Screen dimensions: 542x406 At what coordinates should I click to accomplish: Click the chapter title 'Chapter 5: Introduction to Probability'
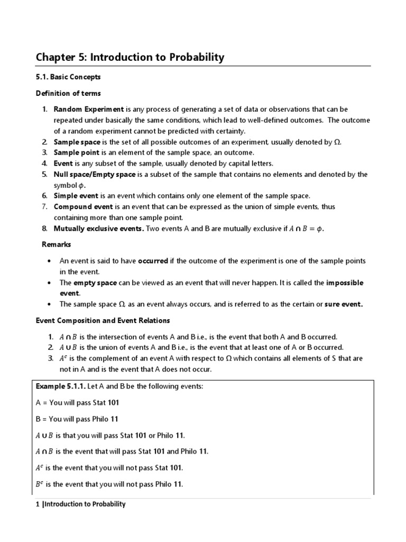point(130,57)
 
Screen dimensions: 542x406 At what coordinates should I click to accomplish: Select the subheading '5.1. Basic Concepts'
point(68,77)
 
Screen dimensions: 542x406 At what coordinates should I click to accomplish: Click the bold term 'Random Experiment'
point(88,110)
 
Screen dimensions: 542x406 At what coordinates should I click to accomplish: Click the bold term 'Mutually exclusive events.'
point(99,228)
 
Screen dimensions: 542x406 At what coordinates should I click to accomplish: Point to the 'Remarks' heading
point(57,245)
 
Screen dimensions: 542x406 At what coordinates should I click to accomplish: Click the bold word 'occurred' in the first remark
point(153,261)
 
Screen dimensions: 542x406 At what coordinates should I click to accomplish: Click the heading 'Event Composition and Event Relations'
point(103,320)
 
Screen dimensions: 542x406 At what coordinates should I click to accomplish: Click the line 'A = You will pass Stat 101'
point(77,402)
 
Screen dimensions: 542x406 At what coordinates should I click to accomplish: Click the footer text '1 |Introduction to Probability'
point(80,504)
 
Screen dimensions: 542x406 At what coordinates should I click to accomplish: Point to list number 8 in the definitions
point(44,228)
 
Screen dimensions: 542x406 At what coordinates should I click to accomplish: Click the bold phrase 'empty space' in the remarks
point(95,283)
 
